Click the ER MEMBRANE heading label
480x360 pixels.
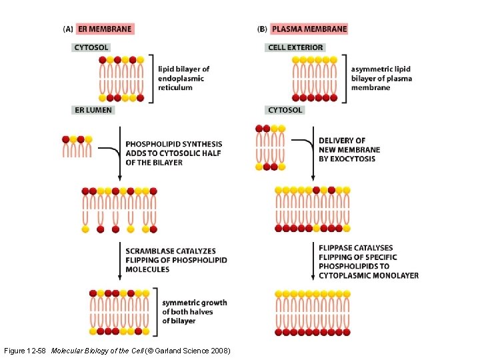click(105, 29)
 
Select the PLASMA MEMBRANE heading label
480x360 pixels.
click(309, 29)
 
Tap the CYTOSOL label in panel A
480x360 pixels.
click(91, 47)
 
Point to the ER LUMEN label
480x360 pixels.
click(93, 110)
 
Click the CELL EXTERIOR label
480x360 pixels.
click(295, 47)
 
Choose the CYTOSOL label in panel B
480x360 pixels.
click(285, 110)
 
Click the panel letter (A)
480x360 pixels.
click(68, 29)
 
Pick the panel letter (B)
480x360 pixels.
click(262, 29)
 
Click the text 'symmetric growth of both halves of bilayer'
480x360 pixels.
click(194, 311)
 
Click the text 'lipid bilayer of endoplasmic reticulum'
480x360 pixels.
click(183, 78)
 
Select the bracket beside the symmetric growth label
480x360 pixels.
click(156, 307)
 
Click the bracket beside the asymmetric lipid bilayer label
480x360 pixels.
click(345, 78)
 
